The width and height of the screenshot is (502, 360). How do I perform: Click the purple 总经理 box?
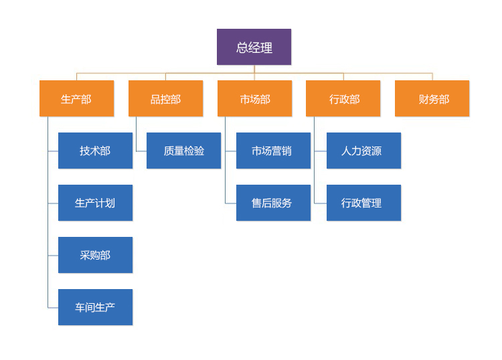click(x=254, y=47)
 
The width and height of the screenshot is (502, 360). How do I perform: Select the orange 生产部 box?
click(x=76, y=98)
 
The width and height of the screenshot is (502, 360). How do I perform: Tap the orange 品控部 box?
click(x=165, y=98)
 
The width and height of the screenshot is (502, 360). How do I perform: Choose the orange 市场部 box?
click(x=254, y=98)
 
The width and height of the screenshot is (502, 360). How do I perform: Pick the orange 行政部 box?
click(x=343, y=98)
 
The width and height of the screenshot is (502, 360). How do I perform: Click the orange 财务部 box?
click(x=432, y=98)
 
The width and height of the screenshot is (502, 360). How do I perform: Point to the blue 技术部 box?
click(x=95, y=151)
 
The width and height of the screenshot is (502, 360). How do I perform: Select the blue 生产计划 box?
click(x=95, y=203)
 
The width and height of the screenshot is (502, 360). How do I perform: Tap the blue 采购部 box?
click(x=95, y=255)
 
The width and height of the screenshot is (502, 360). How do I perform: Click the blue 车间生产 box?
click(x=95, y=307)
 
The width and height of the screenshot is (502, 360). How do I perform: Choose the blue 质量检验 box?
click(x=183, y=151)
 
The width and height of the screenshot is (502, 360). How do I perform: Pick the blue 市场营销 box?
click(x=273, y=151)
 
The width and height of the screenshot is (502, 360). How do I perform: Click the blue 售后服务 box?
click(x=273, y=203)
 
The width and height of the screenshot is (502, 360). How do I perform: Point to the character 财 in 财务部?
click(x=424, y=99)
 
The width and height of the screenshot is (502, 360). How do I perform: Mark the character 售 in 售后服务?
click(x=257, y=203)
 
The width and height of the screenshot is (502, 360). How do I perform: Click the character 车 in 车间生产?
click(x=80, y=308)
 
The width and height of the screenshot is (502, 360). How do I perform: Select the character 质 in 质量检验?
click(x=169, y=151)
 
